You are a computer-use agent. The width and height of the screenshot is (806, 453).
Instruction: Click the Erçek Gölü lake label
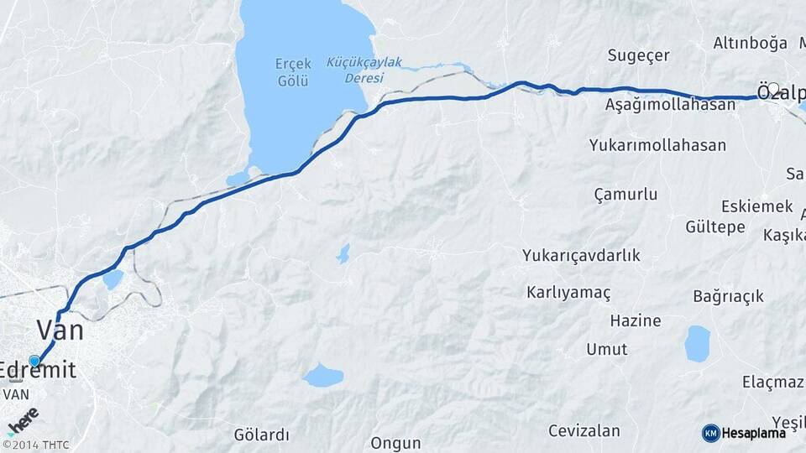(x=293, y=72)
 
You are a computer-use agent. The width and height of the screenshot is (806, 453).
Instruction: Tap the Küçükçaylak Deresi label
(x=364, y=70)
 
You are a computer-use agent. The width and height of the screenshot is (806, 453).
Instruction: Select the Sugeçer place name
(x=638, y=55)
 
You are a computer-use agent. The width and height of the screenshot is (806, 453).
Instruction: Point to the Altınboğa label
(x=750, y=43)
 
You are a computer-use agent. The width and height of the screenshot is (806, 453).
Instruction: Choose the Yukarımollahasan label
(x=657, y=145)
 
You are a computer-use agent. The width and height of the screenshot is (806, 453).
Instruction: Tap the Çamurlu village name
(x=625, y=195)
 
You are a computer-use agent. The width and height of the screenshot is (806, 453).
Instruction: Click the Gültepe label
(x=714, y=227)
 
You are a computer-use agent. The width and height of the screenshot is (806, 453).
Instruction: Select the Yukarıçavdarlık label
(x=581, y=255)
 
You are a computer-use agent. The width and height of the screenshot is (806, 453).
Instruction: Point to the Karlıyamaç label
(x=568, y=292)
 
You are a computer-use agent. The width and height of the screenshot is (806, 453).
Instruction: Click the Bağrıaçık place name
(x=728, y=296)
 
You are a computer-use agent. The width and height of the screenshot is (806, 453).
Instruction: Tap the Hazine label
(x=636, y=320)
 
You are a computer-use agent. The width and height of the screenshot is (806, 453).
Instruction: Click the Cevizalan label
(x=584, y=431)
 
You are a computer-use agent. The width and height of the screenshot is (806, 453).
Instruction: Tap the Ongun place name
(x=395, y=442)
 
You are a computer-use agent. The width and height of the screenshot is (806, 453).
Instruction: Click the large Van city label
(x=60, y=330)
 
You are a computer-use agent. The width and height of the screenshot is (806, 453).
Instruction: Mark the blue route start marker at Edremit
(x=34, y=361)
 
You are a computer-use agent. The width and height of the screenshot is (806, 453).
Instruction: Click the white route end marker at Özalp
(x=773, y=88)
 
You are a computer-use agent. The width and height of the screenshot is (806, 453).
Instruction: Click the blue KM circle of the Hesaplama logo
(x=710, y=433)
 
